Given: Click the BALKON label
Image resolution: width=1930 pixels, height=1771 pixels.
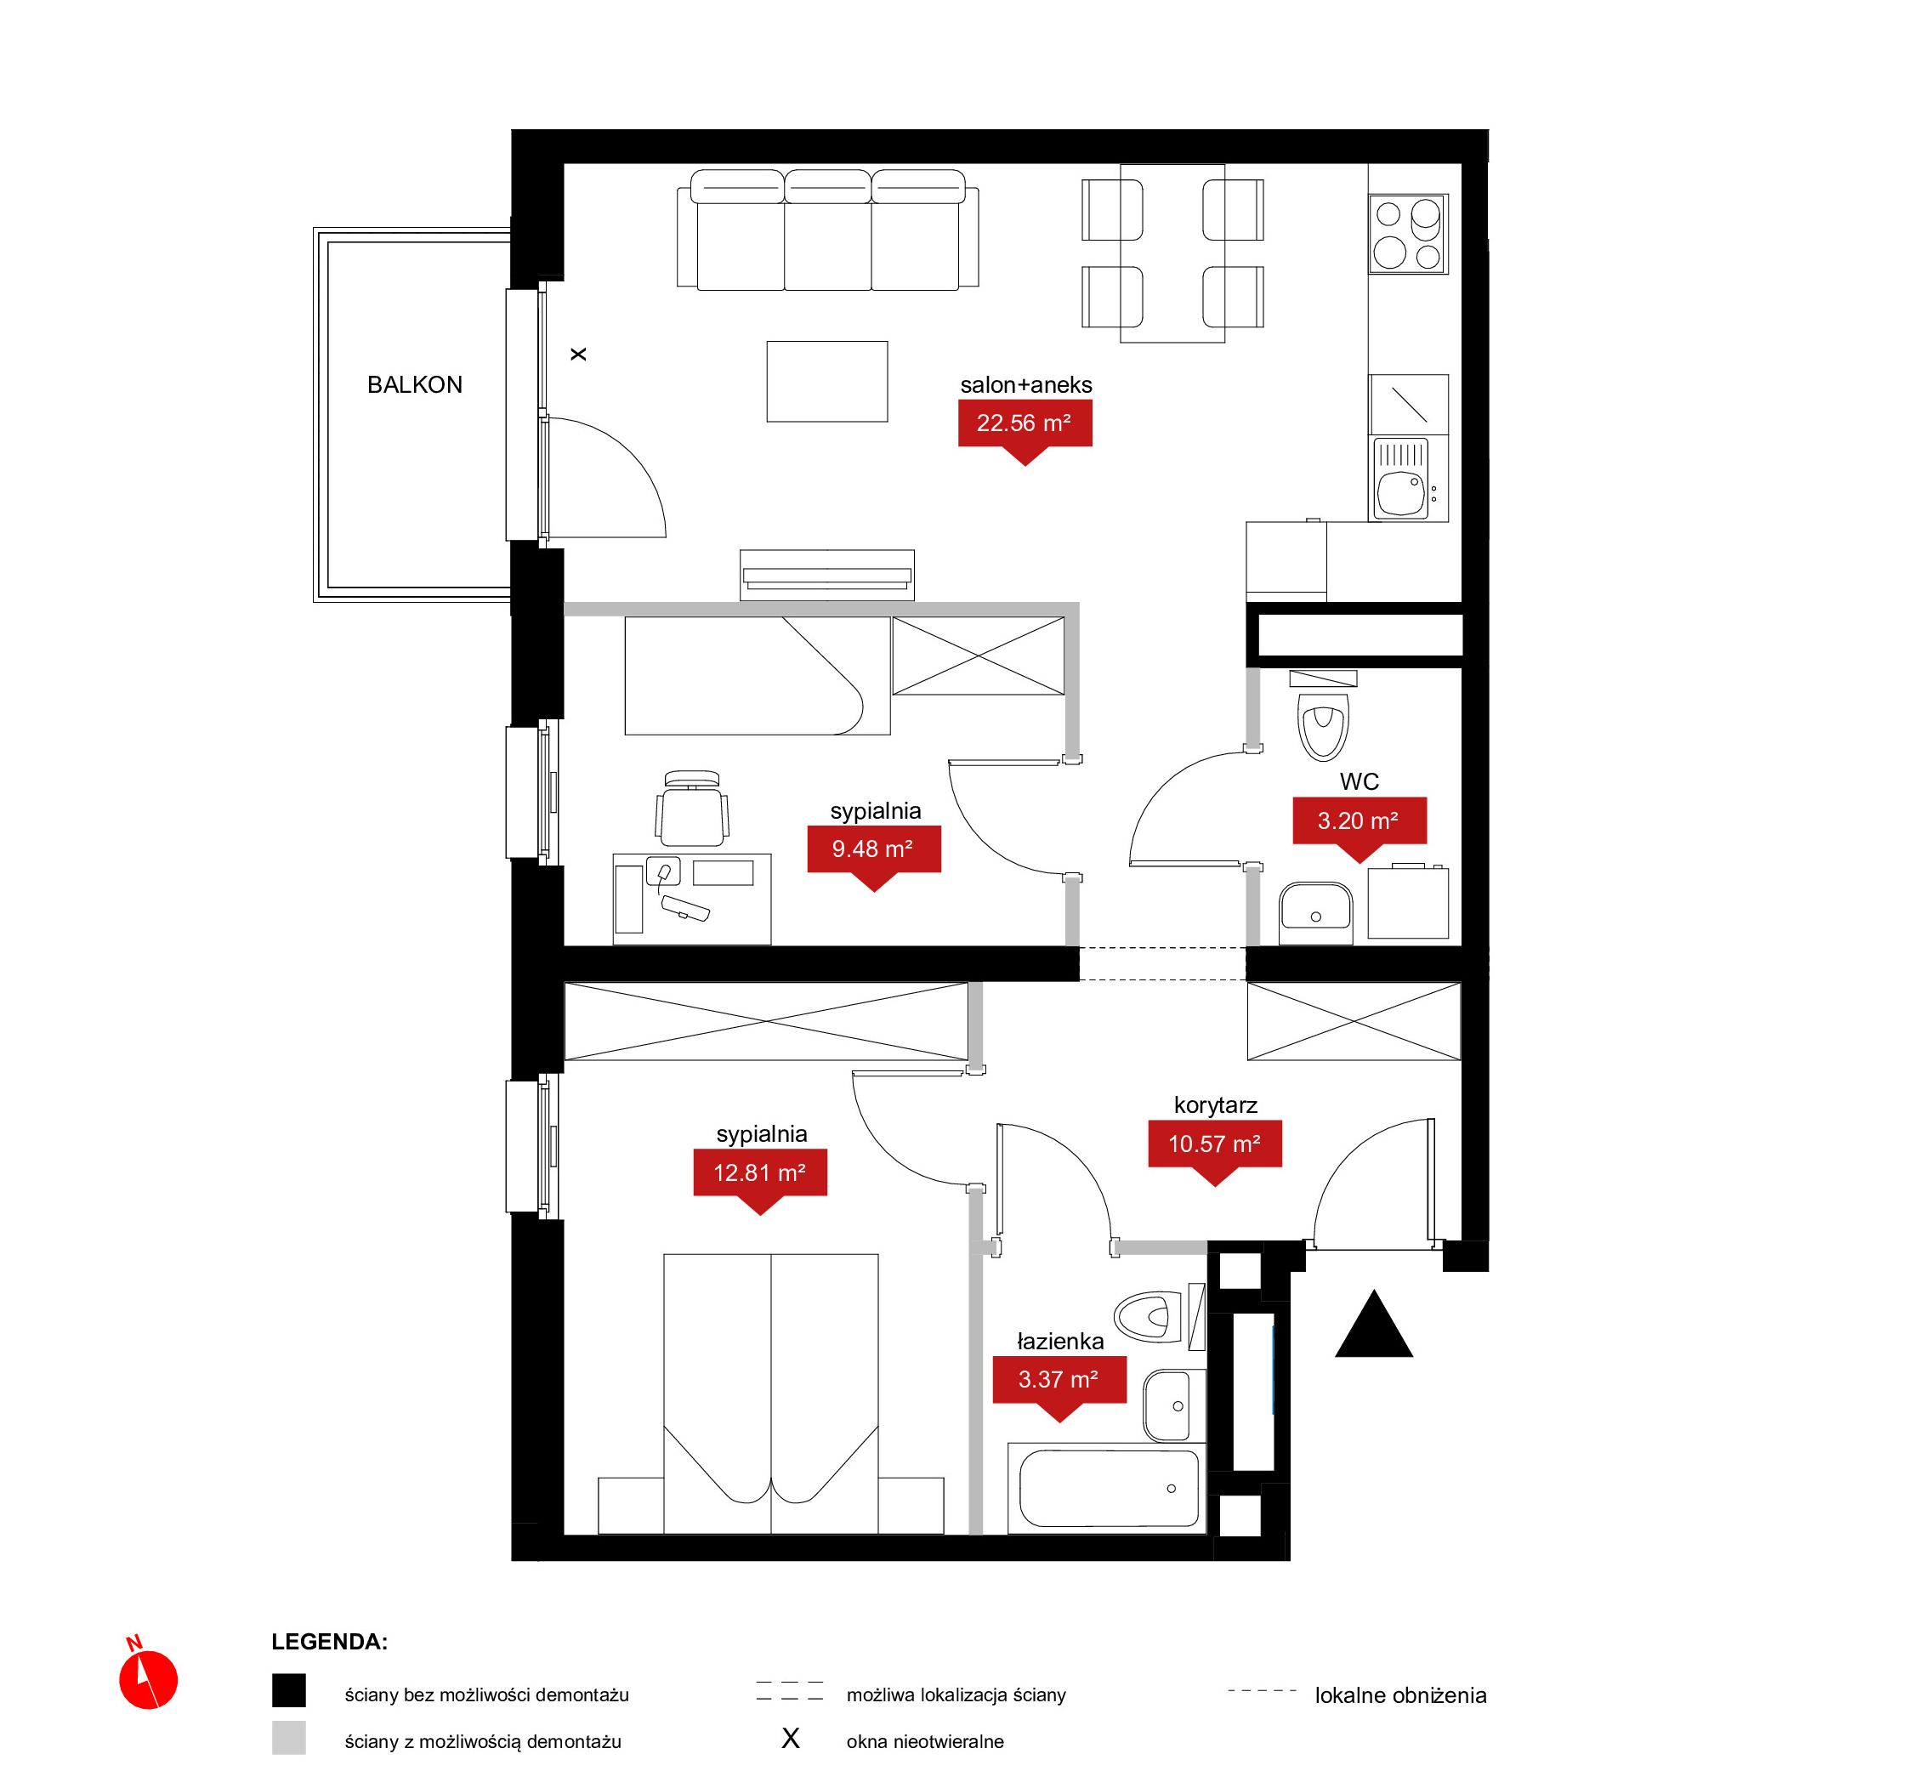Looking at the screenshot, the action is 415,385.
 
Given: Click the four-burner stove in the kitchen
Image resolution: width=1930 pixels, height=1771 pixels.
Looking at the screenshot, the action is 1408,234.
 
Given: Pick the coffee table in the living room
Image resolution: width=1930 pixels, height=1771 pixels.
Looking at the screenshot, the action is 827,382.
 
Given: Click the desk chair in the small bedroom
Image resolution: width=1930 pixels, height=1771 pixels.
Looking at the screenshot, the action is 692,808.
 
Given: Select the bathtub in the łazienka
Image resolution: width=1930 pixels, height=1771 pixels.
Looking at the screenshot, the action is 1109,1488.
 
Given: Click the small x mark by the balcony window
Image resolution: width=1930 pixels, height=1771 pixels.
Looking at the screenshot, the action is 578,355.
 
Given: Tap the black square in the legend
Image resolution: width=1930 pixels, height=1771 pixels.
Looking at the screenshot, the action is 288,1690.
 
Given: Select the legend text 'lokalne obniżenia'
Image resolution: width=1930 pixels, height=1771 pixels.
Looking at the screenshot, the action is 1400,1696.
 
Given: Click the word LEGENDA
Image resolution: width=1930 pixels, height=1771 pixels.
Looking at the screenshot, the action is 329,1643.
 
